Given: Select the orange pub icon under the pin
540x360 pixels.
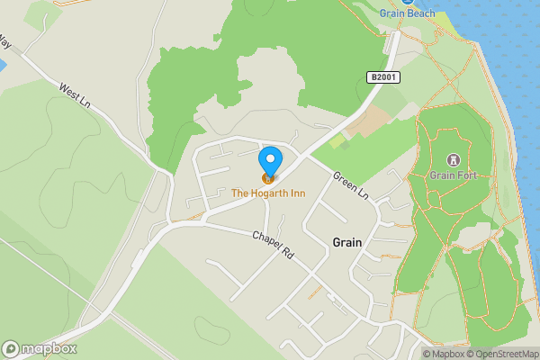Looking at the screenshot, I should pos(267,178).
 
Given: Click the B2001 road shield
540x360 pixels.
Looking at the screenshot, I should pos(383,78).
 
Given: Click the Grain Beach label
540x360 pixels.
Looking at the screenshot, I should pos(407,13).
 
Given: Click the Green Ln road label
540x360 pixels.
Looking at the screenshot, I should pos(351,184).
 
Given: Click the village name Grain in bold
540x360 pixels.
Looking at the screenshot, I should pos(346,242).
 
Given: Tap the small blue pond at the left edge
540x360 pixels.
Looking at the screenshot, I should pos(2,66).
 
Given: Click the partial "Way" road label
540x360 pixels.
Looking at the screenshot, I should pos(4,41).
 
